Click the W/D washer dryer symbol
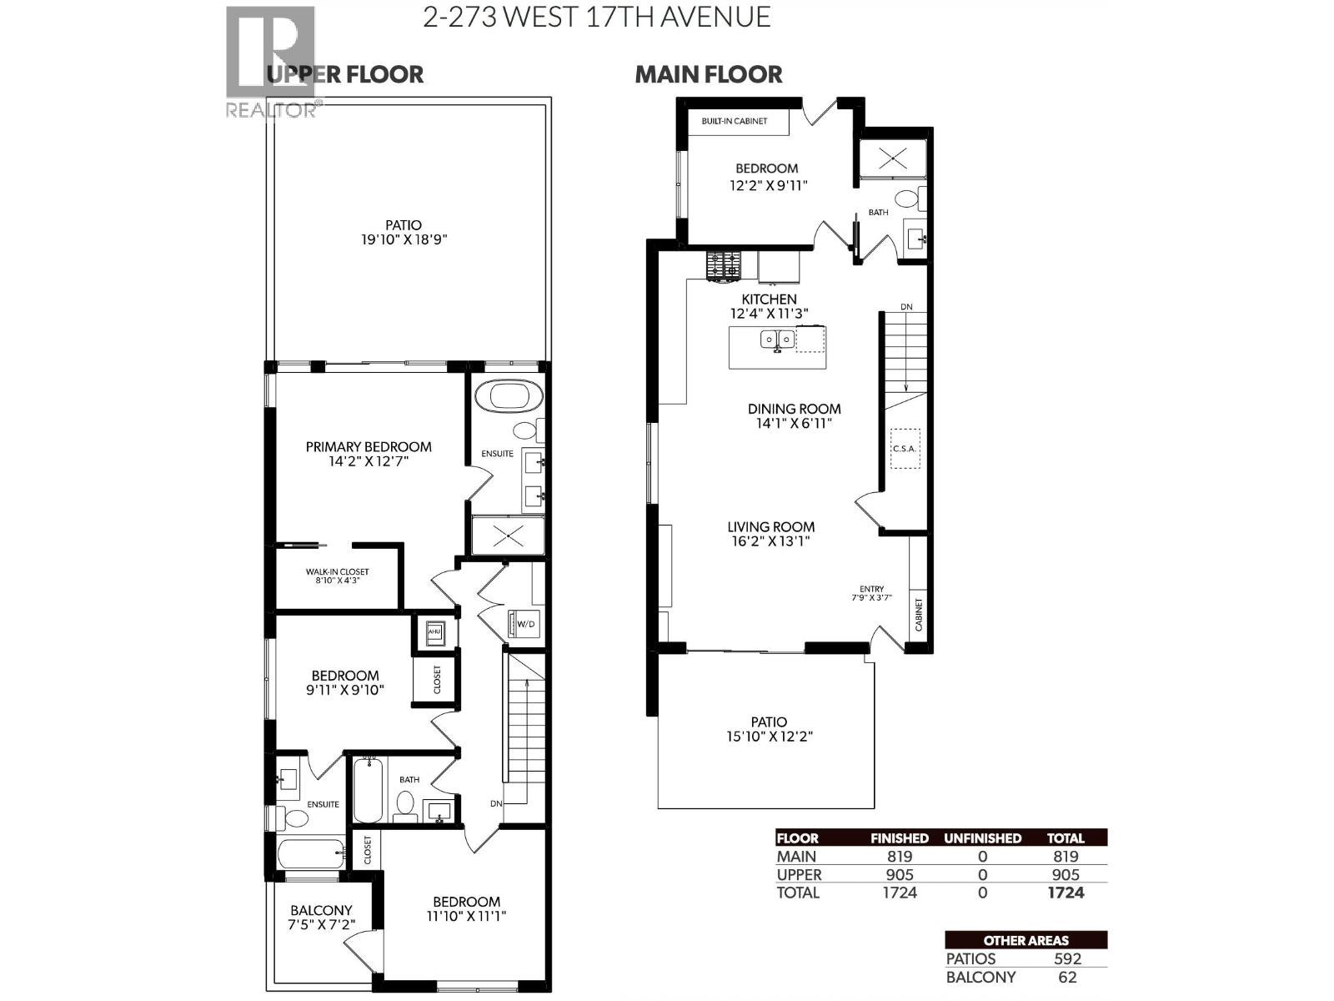[524, 624]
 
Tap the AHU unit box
[434, 632]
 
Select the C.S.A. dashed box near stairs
[904, 449]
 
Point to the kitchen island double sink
[777, 340]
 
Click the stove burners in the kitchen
[723, 266]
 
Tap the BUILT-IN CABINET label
[734, 122]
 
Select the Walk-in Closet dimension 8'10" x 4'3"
[337, 581]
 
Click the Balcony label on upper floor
[321, 910]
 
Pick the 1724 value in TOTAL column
[1066, 893]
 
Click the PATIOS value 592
[1067, 959]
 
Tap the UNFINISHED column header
[982, 838]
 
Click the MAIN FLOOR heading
[709, 75]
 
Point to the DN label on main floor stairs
[906, 307]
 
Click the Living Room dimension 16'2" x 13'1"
[770, 541]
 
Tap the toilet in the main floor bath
[906, 199]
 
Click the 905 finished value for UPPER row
[900, 874]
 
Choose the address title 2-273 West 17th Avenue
[597, 18]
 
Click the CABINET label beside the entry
[919, 614]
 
